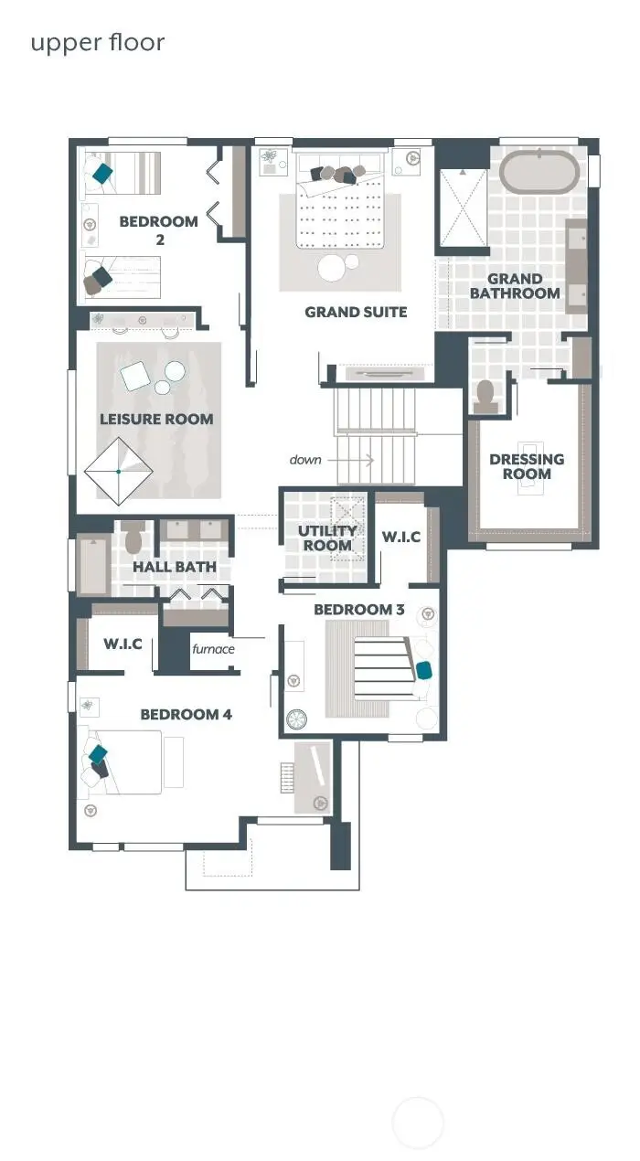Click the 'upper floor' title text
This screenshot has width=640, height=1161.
(98, 43)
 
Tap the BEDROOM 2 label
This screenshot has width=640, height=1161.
(158, 230)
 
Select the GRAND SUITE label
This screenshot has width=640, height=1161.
(356, 313)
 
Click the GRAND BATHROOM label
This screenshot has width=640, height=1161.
(515, 286)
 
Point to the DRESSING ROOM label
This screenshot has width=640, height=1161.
(527, 466)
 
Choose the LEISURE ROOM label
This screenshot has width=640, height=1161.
(156, 420)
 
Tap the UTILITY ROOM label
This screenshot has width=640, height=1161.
(327, 538)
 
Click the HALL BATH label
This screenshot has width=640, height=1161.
(175, 567)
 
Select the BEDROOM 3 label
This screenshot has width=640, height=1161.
(358, 610)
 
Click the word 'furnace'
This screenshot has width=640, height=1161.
(213, 649)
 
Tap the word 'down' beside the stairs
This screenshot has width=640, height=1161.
(305, 460)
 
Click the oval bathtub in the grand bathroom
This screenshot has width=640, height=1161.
(539, 172)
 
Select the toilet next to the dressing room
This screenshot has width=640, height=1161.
(485, 394)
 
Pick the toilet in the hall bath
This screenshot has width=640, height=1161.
(133, 539)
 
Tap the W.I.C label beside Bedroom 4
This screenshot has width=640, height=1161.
(122, 644)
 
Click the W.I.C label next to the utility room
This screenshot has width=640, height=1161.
(400, 537)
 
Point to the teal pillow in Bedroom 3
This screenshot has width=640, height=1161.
(424, 670)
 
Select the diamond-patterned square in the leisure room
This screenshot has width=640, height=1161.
(119, 472)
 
